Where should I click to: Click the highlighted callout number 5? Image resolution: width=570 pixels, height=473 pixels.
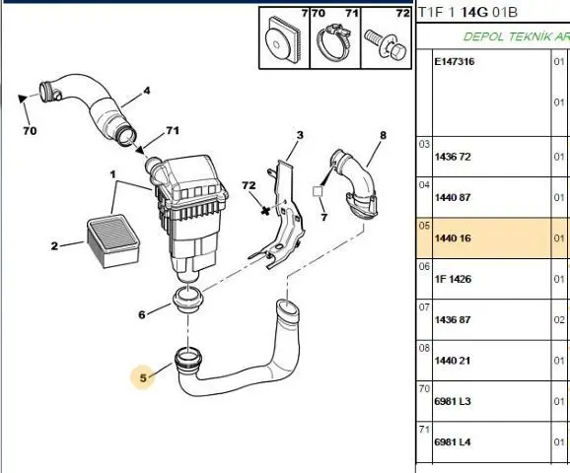tap(143, 378)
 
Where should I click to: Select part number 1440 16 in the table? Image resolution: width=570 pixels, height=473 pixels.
tap(453, 238)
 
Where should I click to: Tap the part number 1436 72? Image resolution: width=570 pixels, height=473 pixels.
tap(453, 157)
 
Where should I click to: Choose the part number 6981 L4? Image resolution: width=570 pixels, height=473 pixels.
tap(453, 442)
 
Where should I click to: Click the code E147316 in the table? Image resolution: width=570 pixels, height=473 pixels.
tap(455, 61)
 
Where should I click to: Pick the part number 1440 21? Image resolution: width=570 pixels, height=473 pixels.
tap(453, 361)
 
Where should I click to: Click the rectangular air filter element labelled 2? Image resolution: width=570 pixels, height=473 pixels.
tap(113, 240)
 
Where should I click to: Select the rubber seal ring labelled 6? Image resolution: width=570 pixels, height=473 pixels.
tap(188, 299)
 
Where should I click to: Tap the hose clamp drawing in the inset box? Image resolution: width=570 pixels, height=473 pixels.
tap(335, 41)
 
